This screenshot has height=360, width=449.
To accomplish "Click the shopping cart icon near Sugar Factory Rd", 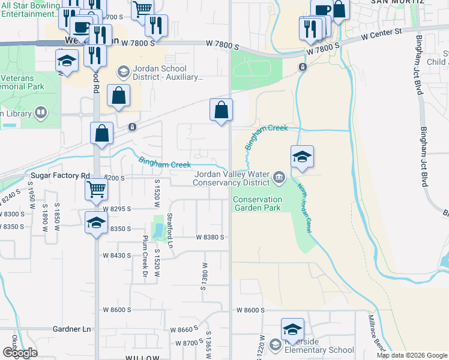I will (96, 190).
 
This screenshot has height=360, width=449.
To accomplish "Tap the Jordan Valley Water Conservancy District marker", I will (279, 177).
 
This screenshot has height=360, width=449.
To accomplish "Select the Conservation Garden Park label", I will (258, 203).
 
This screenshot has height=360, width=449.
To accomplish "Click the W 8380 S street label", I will (209, 237).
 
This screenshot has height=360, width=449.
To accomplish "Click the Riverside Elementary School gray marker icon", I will (275, 344).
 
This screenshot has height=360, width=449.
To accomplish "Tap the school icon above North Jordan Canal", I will (302, 157).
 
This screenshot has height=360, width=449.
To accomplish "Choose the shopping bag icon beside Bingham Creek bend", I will (221, 110).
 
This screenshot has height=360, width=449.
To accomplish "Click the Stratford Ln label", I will (170, 231).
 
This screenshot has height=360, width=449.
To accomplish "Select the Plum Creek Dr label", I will (145, 252).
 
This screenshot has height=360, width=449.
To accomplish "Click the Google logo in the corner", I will (20, 353).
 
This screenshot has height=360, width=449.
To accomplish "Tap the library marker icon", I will (41, 112).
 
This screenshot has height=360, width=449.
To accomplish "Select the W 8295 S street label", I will (116, 209).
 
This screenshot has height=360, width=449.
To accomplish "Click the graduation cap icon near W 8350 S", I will (96, 223).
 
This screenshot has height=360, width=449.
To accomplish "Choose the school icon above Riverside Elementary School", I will (292, 329).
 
